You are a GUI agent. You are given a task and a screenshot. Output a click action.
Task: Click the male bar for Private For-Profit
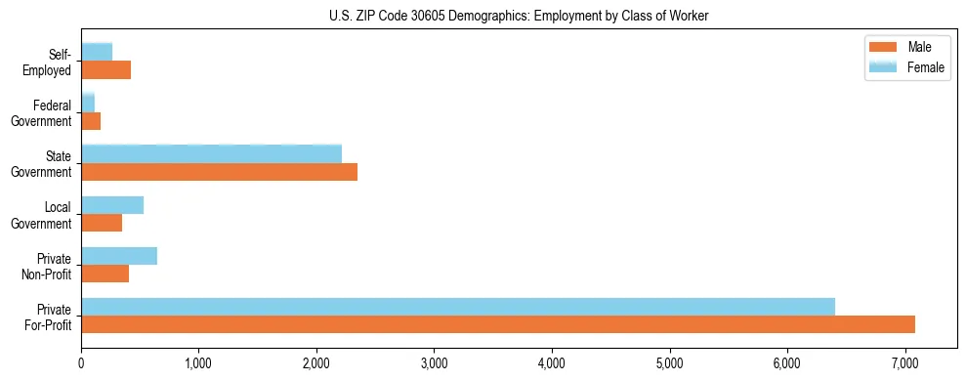pyautogui.click(x=498, y=324)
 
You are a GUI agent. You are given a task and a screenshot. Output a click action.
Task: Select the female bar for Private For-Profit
pyautogui.click(x=458, y=307)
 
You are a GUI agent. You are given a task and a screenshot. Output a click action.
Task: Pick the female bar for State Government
pyautogui.click(x=211, y=153)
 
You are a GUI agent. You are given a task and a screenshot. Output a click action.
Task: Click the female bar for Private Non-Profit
pyautogui.click(x=119, y=256)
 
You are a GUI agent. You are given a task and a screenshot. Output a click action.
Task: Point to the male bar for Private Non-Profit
pyautogui.click(x=105, y=274)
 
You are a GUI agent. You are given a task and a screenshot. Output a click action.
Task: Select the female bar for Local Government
pyautogui.click(x=112, y=205)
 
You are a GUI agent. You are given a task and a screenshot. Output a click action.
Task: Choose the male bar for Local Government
pyautogui.click(x=102, y=223)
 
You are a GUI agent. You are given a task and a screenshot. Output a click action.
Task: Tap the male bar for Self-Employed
pyautogui.click(x=105, y=70)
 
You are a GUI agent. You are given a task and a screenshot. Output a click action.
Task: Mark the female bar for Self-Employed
pyautogui.click(x=97, y=52)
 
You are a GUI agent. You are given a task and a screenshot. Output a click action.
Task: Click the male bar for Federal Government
pyautogui.click(x=91, y=121)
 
